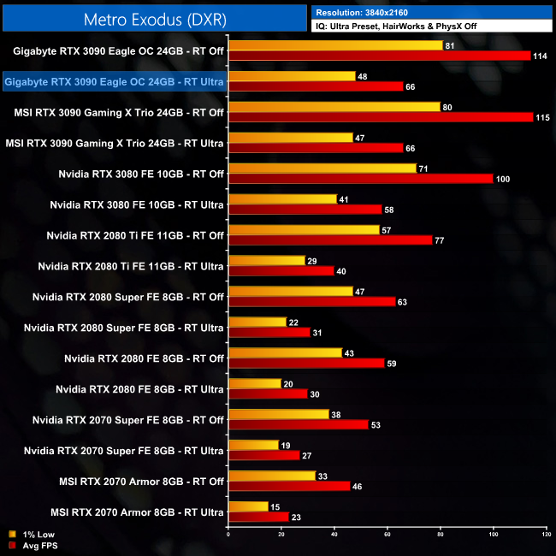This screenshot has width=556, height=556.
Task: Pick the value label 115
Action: click(541, 117)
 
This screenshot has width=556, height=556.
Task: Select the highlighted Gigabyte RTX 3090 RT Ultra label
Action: click(115, 82)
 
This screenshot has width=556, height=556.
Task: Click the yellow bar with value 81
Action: click(335, 45)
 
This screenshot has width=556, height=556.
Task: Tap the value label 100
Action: click(504, 179)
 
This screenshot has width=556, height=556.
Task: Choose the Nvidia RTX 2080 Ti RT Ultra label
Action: click(131, 267)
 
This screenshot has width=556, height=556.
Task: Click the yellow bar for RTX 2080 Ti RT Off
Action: click(304, 230)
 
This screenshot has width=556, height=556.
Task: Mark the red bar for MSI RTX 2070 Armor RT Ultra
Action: click(258, 517)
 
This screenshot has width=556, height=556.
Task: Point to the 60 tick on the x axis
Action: click(387, 535)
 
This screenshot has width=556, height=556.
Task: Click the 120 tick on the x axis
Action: click(546, 535)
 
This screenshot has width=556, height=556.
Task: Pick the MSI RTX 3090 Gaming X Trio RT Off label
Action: click(119, 113)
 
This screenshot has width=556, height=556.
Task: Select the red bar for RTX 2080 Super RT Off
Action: click(312, 301)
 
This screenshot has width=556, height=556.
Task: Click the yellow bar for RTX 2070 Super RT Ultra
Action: click(253, 445)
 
